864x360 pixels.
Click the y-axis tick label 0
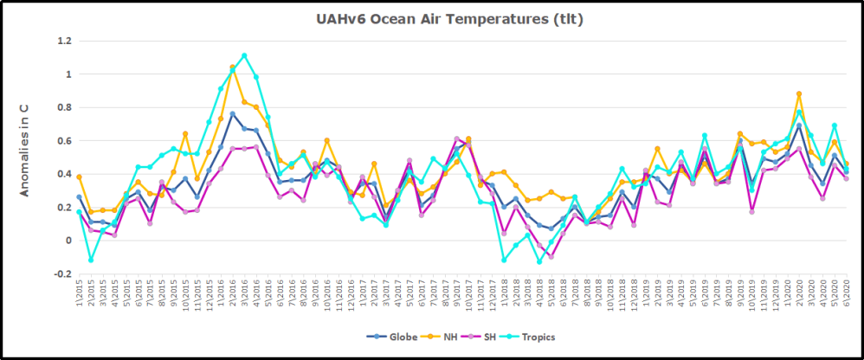pyautogui.click(x=68, y=241)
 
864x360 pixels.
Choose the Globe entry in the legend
pyautogui.click(x=399, y=336)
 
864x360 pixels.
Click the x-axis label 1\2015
pyautogui.click(x=79, y=295)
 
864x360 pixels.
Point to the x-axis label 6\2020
pyautogui.click(x=844, y=295)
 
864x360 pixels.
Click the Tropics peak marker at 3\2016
pyautogui.click(x=244, y=55)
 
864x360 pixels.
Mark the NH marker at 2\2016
pyautogui.click(x=232, y=67)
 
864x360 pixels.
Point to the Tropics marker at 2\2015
pyautogui.click(x=91, y=260)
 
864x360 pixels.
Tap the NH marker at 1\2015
pyautogui.click(x=79, y=177)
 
